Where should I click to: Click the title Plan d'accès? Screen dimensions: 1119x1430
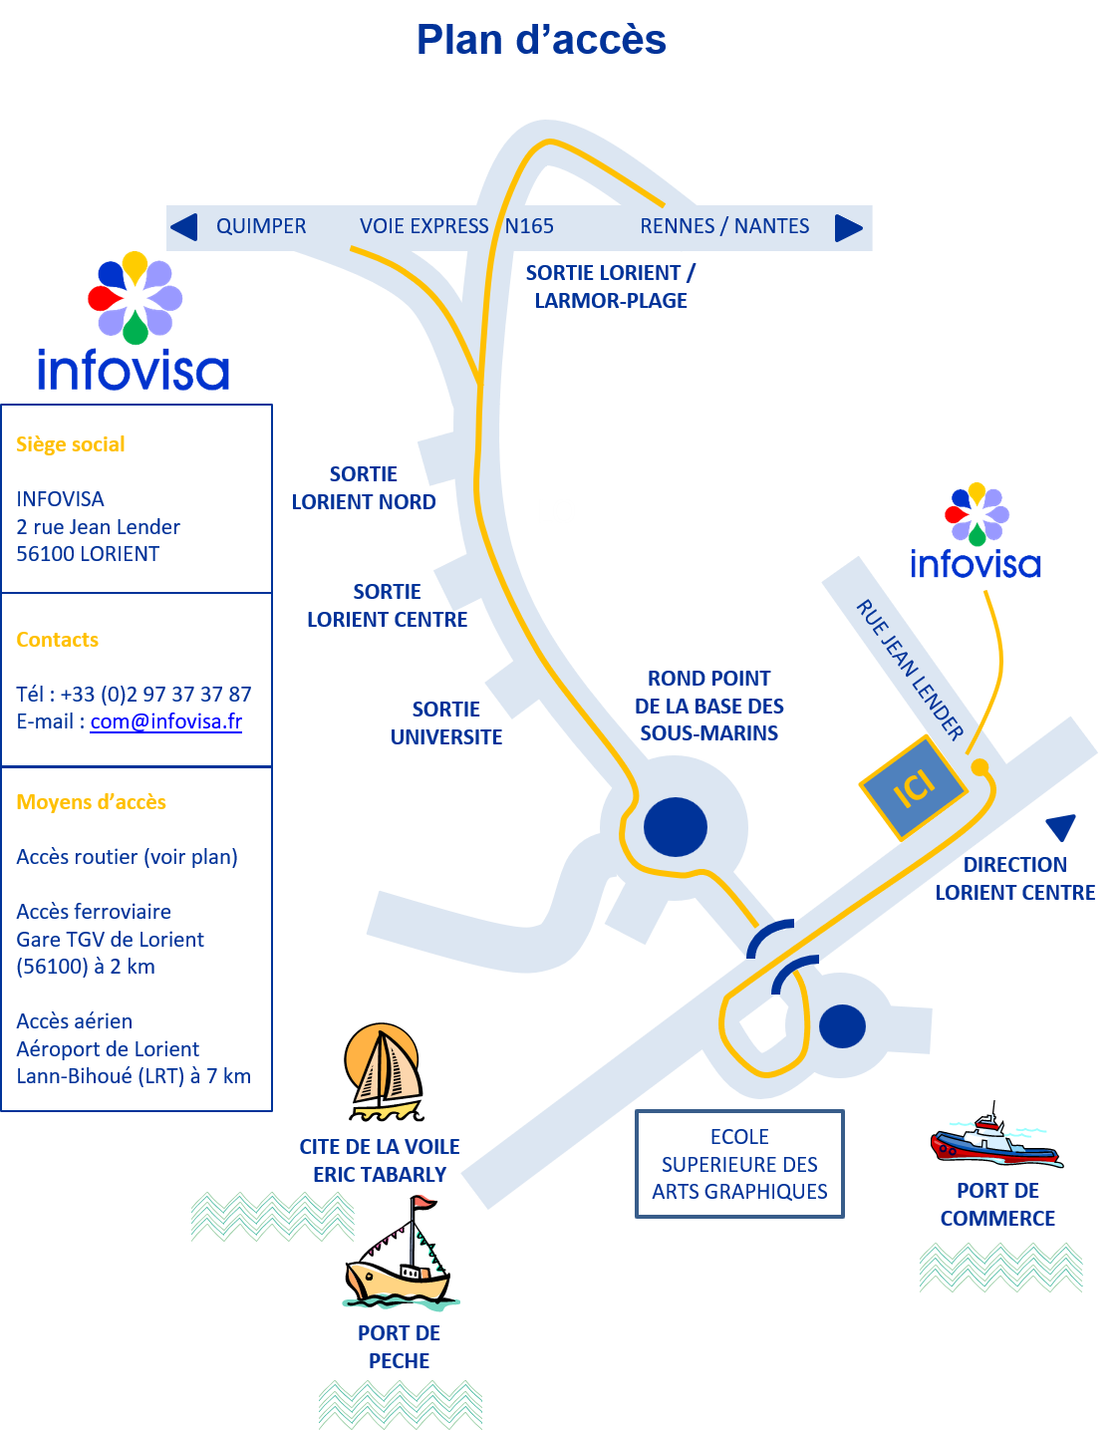tap(541, 40)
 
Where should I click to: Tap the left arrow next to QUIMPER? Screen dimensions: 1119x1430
tap(185, 227)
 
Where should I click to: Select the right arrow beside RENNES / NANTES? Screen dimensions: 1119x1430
tap(849, 228)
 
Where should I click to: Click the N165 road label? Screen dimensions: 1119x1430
tap(529, 226)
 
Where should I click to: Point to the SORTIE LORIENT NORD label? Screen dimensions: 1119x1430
tap(363, 487)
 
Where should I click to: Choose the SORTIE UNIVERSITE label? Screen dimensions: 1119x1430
tap(446, 722)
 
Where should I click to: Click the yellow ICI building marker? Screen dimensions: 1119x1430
tap(913, 787)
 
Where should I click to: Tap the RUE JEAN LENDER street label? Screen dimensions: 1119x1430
tap(910, 670)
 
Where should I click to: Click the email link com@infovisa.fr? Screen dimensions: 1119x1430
tap(166, 721)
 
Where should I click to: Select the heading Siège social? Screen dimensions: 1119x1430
tap(71, 444)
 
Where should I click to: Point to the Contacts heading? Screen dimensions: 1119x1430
tap(57, 640)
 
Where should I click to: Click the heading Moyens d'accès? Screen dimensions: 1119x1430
tap(91, 802)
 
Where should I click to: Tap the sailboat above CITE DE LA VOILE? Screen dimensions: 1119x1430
tap(384, 1071)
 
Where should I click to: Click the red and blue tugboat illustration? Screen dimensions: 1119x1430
tap(996, 1134)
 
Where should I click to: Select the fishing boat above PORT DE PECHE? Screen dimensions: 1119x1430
tap(400, 1253)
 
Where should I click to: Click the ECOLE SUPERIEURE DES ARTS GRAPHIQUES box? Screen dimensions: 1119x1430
tap(739, 1164)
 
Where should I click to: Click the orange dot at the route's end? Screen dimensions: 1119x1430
tap(979, 766)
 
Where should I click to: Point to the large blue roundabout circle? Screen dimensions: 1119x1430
tap(675, 826)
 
